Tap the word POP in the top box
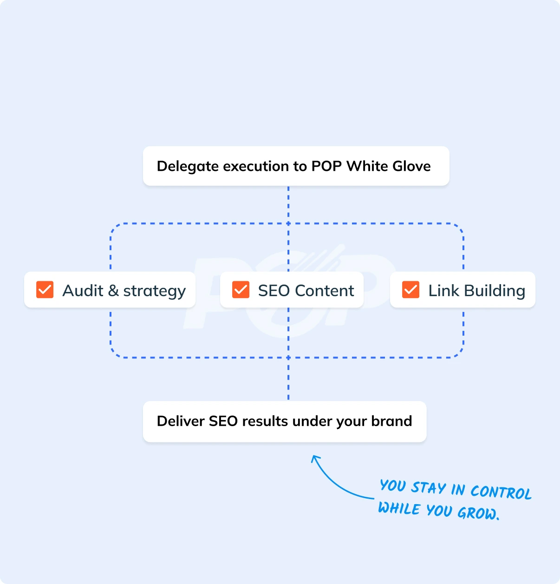pos(326,166)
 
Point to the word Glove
pos(411,166)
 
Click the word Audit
pos(83,291)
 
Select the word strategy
pos(154,292)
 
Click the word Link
pos(443,291)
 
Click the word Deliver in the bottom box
pos(181,421)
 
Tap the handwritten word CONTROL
pos(501,492)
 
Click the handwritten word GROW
pos(477,513)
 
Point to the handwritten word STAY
pos(429,488)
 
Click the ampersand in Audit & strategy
pos(113,291)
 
